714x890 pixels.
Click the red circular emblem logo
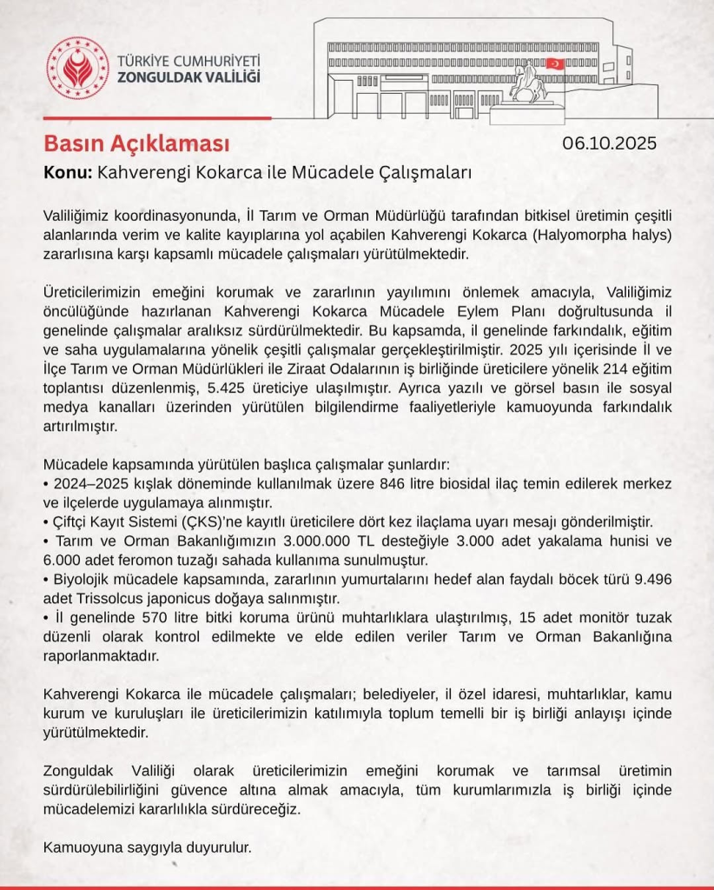click(x=78, y=67)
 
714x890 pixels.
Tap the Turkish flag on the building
click(x=554, y=64)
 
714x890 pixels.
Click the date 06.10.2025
click(x=610, y=143)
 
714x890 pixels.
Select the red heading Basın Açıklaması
click(x=136, y=143)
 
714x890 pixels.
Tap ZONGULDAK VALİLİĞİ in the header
click(x=188, y=80)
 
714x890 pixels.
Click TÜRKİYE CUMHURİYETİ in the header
click(x=188, y=62)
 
